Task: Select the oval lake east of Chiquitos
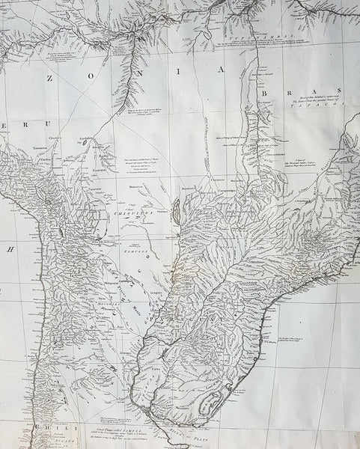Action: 174,212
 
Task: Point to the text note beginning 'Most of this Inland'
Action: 308,97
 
